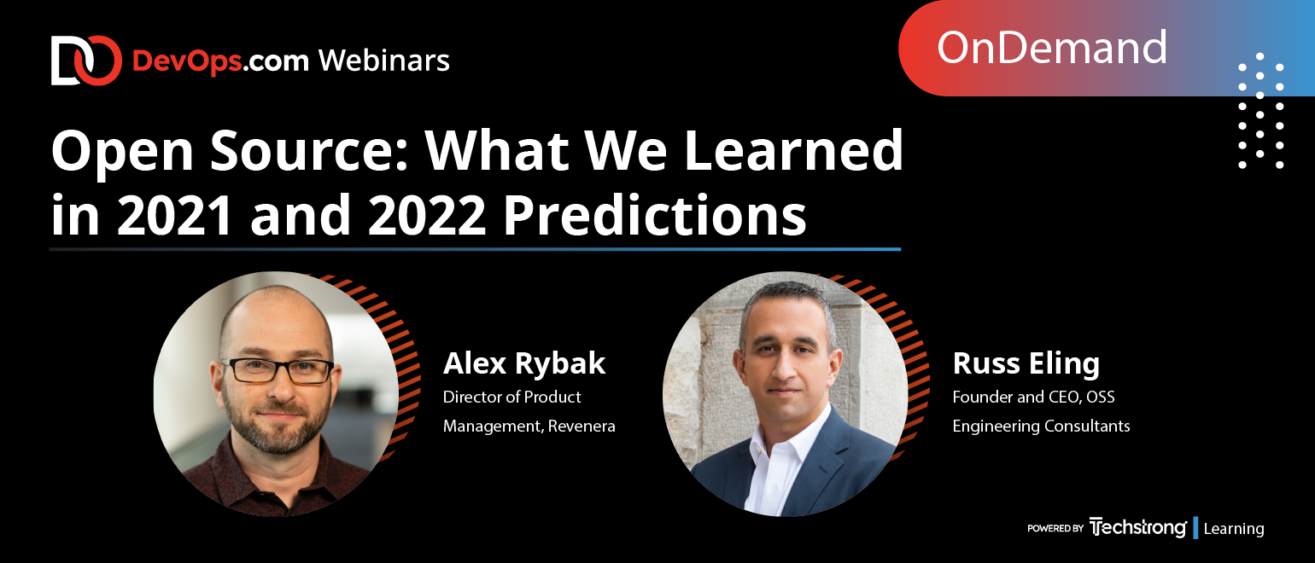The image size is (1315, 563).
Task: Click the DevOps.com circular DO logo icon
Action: (x=86, y=61)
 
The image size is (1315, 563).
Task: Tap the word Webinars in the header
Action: (x=384, y=61)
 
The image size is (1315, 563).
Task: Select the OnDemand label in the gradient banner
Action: (x=1051, y=48)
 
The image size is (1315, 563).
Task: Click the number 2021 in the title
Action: (x=174, y=215)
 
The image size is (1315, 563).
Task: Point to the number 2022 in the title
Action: (x=427, y=215)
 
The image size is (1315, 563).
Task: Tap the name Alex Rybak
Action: (x=524, y=363)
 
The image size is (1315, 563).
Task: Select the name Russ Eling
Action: (x=1026, y=363)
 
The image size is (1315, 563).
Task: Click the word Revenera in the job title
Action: (x=582, y=426)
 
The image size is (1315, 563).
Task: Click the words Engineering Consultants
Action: (x=1041, y=427)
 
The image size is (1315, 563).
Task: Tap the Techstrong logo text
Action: (x=1137, y=527)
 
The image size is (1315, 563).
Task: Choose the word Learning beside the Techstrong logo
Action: (x=1234, y=529)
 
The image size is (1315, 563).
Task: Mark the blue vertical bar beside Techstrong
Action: (x=1195, y=528)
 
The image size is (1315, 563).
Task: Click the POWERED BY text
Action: (x=1055, y=528)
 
